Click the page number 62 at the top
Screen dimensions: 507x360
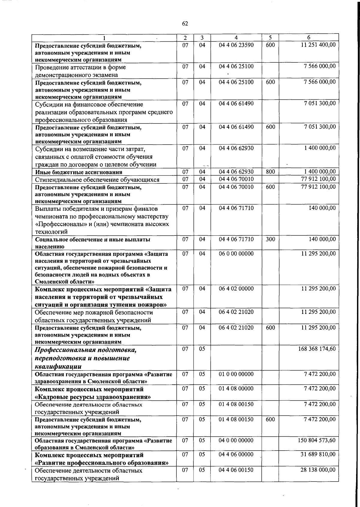185,24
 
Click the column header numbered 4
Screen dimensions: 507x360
236,38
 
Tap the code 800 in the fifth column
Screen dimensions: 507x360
270,172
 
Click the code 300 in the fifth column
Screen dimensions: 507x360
270,239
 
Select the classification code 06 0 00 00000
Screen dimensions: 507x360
236,254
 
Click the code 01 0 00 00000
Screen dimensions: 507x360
236,374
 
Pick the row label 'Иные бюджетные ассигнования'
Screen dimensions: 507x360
79,172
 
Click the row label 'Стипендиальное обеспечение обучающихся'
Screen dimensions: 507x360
97,180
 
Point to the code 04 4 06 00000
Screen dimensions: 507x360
236,455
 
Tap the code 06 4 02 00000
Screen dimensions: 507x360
236,289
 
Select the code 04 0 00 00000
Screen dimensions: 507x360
236,440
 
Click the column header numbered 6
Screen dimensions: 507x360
308,38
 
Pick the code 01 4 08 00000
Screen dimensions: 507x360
236,389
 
